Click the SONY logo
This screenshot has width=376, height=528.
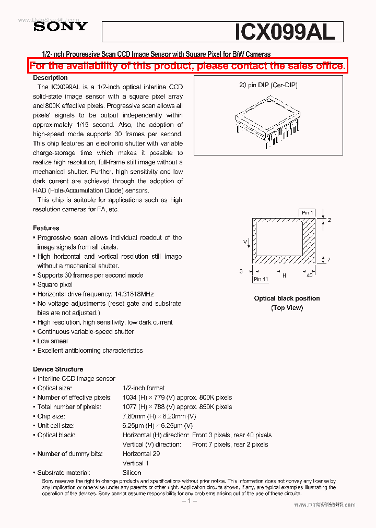coord(61,27)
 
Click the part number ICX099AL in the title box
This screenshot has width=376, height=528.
coord(285,32)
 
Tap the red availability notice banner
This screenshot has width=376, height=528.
coord(187,66)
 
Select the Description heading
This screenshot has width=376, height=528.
coord(50,78)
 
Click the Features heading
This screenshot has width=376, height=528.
coord(46,228)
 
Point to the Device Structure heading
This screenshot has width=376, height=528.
coord(58,369)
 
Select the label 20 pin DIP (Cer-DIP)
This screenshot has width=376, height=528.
coord(268,85)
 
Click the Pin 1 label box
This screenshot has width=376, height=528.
coord(307,212)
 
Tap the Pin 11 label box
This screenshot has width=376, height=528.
coord(261,279)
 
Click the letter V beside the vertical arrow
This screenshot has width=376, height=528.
coord(245,242)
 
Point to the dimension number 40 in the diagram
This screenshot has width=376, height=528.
coord(310,275)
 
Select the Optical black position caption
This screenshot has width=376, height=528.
coord(287,298)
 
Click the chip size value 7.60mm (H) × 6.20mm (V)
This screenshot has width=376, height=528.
coord(159,416)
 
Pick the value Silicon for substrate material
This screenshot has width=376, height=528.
coord(132,473)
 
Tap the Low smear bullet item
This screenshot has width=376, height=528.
coord(53,341)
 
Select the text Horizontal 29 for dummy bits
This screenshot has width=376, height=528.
coord(141,454)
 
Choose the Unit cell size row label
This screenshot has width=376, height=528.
coord(56,426)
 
